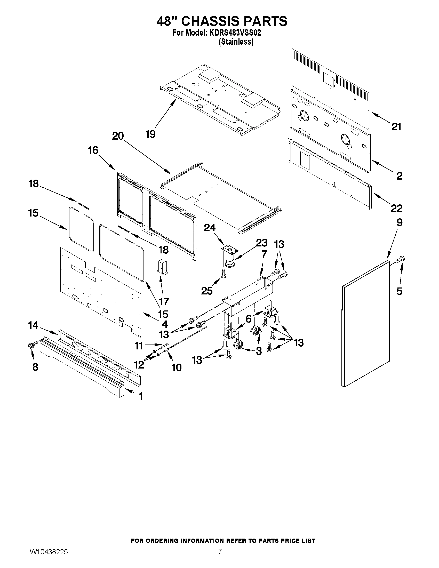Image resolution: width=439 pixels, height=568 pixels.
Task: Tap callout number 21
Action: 396,127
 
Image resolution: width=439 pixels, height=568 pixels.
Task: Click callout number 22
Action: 396,208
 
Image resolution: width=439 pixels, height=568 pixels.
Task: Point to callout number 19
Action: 150,134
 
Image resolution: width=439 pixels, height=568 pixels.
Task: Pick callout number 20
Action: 118,136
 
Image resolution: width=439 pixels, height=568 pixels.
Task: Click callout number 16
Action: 93,150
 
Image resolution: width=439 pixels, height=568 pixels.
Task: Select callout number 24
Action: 210,228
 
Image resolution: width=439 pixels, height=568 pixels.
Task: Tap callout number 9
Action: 400,222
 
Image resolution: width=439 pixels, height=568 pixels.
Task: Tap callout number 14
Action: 33,325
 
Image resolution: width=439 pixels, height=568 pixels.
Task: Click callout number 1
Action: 141,396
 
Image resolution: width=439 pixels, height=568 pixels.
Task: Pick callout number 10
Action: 177,367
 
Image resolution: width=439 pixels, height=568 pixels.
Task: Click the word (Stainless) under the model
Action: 236,42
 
